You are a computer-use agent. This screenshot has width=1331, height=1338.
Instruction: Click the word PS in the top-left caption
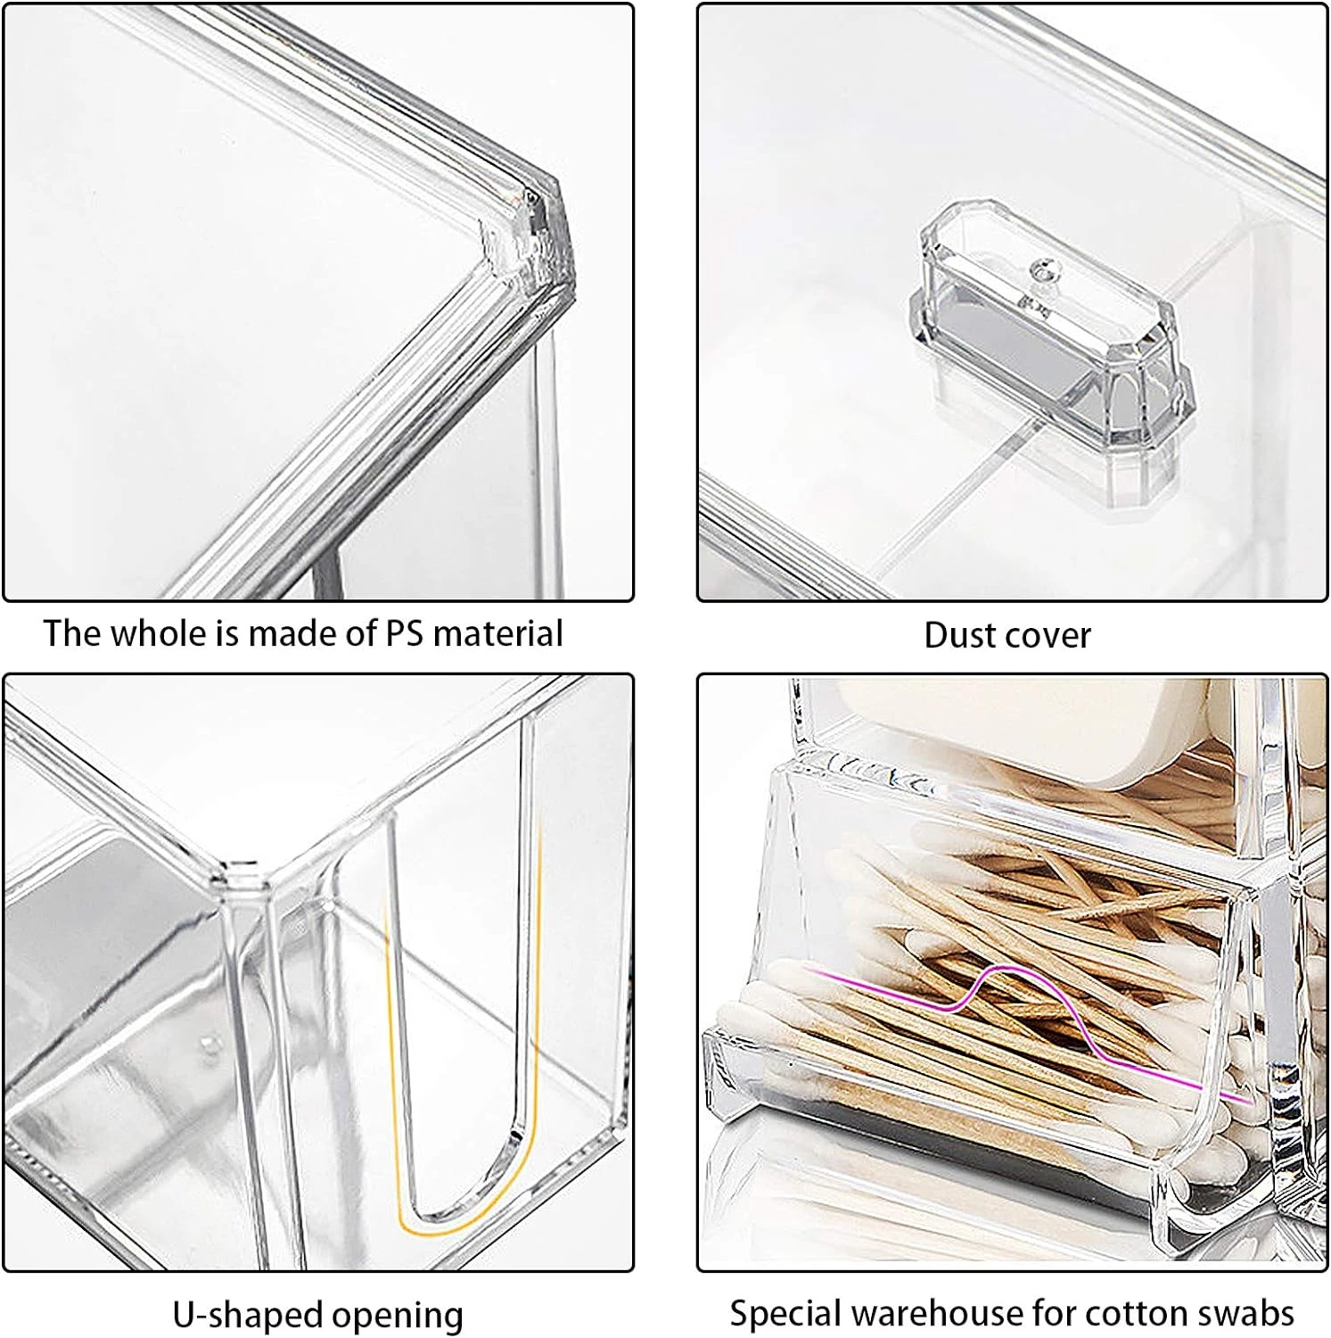tap(405, 633)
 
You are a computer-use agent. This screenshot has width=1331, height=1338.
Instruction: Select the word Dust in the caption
tap(957, 635)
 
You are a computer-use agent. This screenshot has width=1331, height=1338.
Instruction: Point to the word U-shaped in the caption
tap(247, 1315)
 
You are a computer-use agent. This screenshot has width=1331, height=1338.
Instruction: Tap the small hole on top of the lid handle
tap(1039, 268)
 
